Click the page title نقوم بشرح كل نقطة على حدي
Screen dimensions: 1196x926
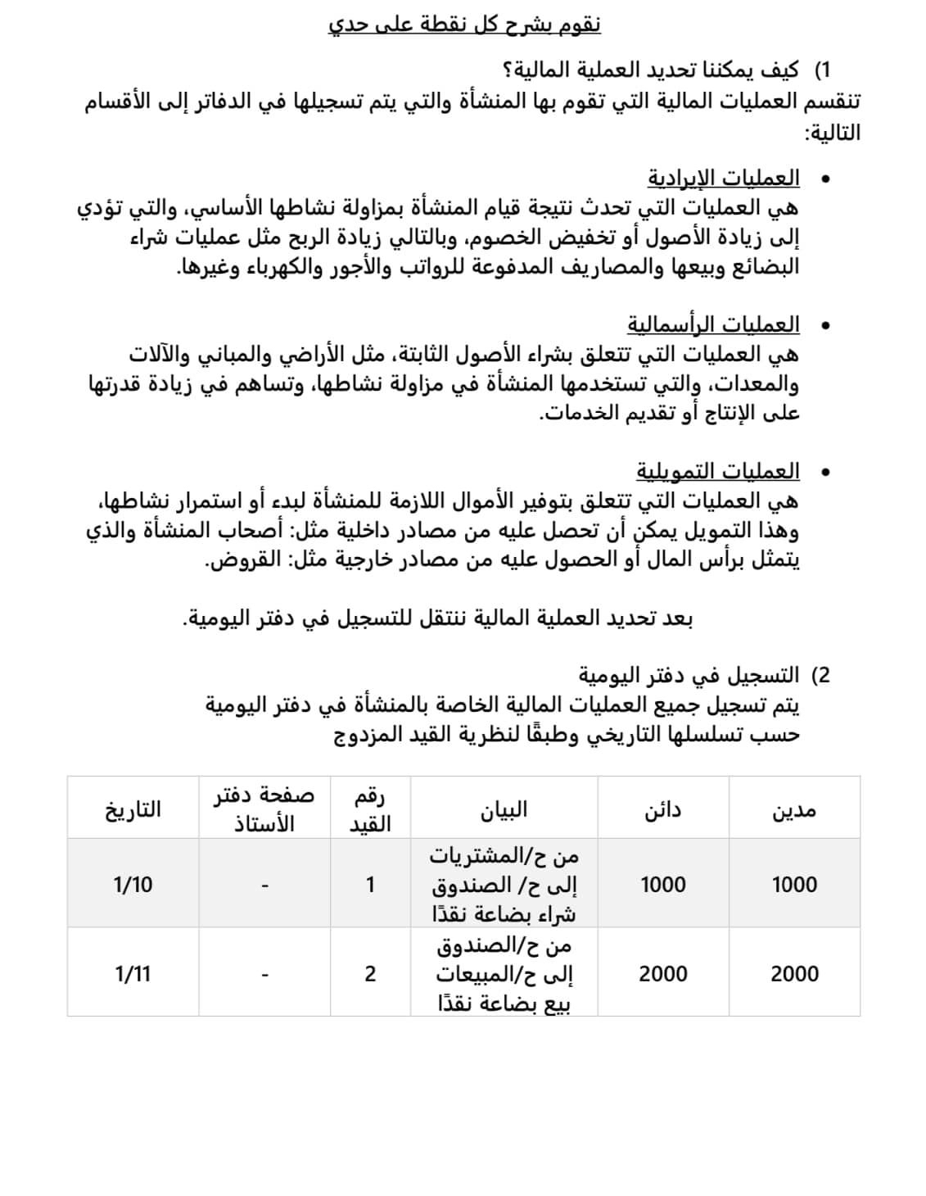[464, 25]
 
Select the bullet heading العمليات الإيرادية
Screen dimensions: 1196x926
[723, 179]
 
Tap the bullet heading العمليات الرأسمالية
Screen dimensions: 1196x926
[713, 325]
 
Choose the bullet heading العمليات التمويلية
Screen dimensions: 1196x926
[717, 472]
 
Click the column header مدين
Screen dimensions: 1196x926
[794, 810]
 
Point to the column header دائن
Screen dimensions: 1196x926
[662, 810]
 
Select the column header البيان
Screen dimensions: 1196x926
[504, 810]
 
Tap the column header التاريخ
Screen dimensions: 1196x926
[133, 810]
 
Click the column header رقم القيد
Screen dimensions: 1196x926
[370, 810]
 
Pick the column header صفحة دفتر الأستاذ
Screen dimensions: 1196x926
[264, 810]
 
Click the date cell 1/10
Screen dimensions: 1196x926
[133, 885]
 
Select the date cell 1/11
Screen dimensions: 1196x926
[133, 974]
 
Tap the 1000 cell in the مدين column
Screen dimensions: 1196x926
[794, 885]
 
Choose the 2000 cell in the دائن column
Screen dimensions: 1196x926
[662, 974]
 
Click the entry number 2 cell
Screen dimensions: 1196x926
[370, 974]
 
